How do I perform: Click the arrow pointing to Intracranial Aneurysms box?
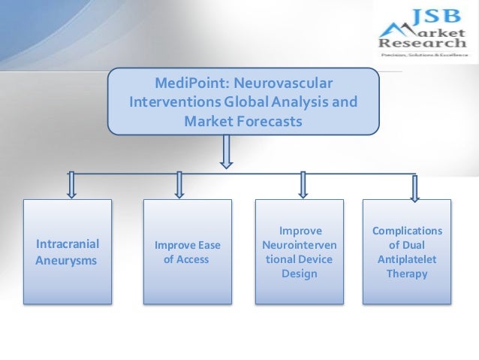click(71, 184)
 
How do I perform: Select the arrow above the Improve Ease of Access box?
click(179, 184)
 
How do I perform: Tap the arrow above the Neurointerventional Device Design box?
click(303, 184)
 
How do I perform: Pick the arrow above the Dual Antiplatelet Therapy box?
click(411, 184)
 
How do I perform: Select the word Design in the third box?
click(300, 274)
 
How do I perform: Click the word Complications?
click(407, 231)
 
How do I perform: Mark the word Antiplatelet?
click(407, 259)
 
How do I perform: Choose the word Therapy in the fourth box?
click(407, 274)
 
